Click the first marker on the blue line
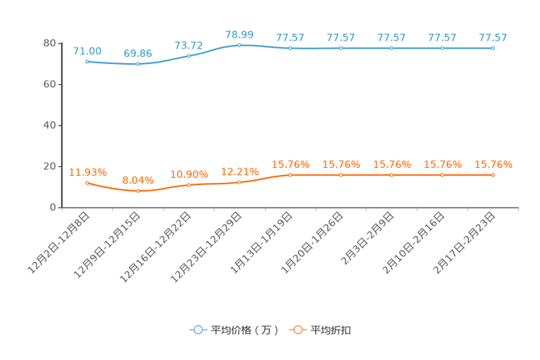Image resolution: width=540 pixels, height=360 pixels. pyautogui.click(x=87, y=62)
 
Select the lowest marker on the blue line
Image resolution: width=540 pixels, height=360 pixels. pyautogui.click(x=138, y=65)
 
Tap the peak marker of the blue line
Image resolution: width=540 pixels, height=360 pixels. pyautogui.click(x=240, y=45)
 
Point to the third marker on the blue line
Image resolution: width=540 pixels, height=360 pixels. pyautogui.click(x=189, y=56)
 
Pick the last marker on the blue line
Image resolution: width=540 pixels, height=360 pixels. pyautogui.click(x=493, y=48)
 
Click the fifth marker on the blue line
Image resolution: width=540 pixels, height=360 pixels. pyautogui.click(x=290, y=48)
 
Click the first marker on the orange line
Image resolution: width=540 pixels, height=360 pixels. pyautogui.click(x=87, y=183)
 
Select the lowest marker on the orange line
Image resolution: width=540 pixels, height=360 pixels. pyautogui.click(x=138, y=191)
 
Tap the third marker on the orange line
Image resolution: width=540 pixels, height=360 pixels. pyautogui.click(x=189, y=185)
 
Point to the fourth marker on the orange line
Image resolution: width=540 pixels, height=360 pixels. pyautogui.click(x=240, y=182)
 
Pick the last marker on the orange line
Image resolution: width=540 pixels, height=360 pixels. pyautogui.click(x=493, y=175)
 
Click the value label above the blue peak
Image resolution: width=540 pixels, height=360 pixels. pyautogui.click(x=240, y=34)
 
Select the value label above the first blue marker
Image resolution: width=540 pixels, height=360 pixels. pyautogui.click(x=87, y=50)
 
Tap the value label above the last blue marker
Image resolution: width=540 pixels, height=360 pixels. pyautogui.click(x=493, y=37)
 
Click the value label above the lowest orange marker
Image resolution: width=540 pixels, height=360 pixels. pyautogui.click(x=138, y=179)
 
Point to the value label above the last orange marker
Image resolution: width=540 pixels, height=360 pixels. pyautogui.click(x=494, y=165)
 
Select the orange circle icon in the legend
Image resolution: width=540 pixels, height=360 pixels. pyautogui.click(x=298, y=330)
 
